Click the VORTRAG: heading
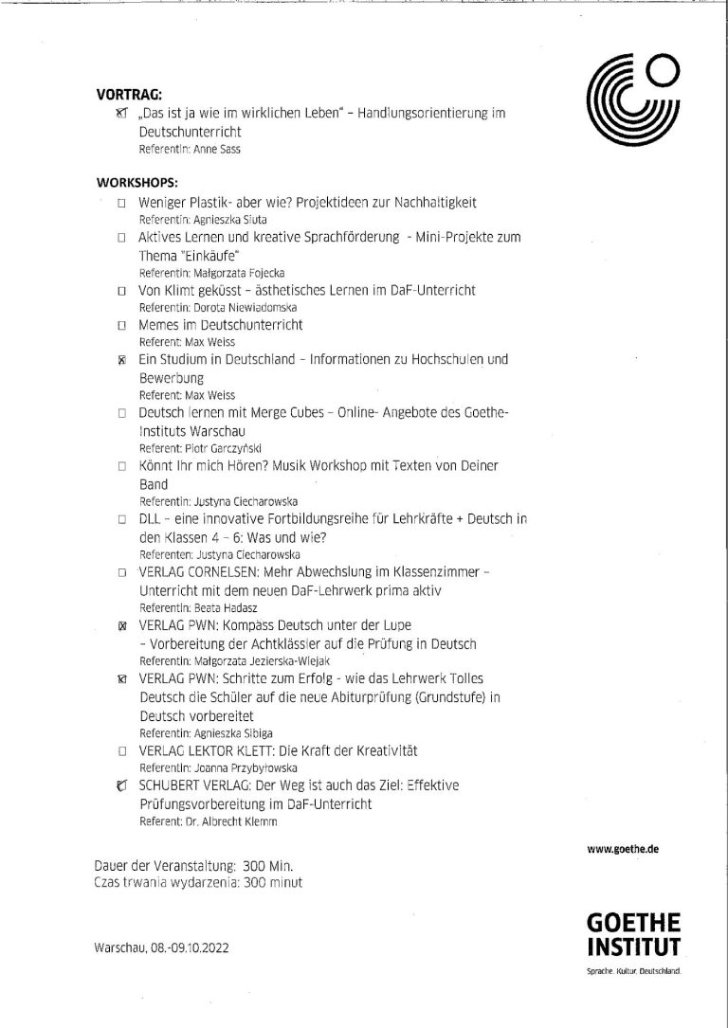point(130,94)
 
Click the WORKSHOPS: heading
point(137,180)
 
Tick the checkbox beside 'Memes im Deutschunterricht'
point(121,325)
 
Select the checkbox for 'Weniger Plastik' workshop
point(121,204)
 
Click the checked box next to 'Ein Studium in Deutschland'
point(121,360)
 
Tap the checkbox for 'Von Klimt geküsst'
point(121,291)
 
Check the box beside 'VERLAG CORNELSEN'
point(121,573)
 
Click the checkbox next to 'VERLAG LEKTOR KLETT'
point(121,750)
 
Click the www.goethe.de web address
point(624,849)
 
